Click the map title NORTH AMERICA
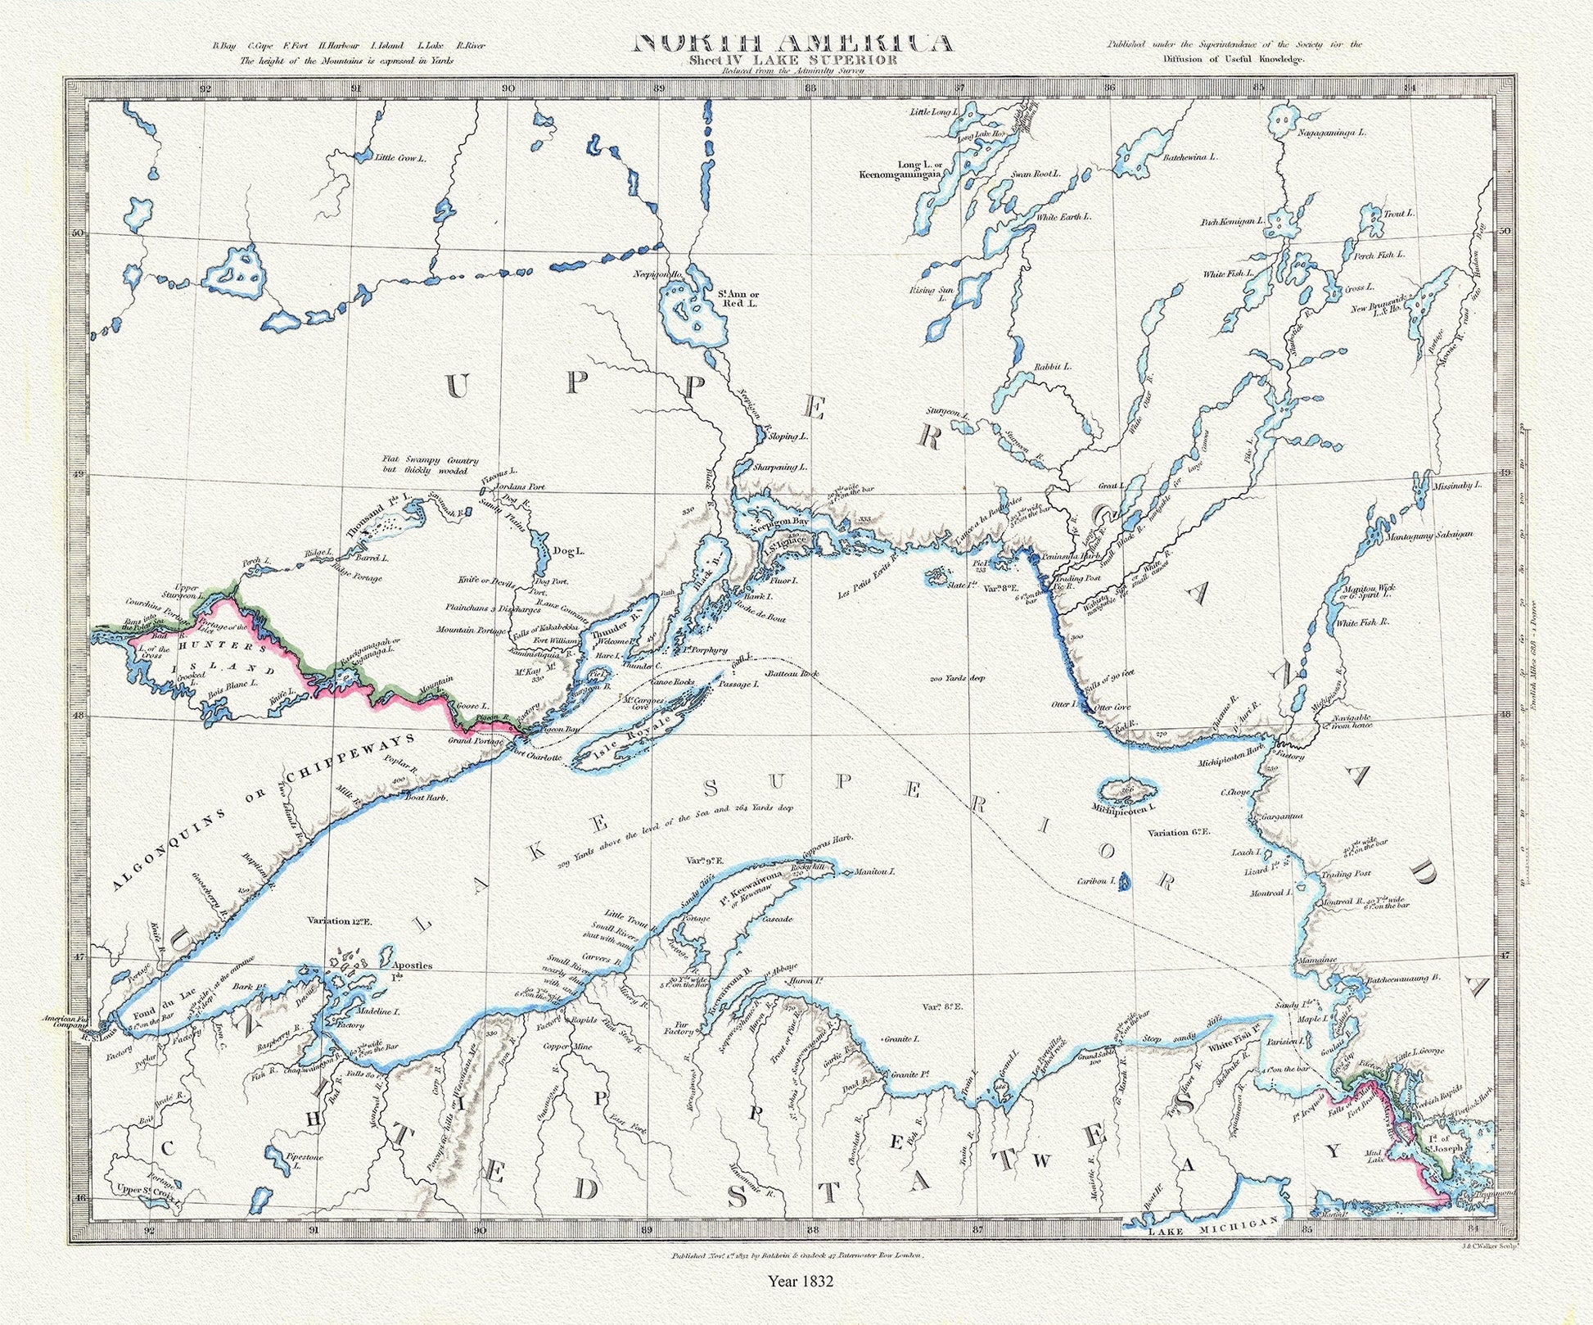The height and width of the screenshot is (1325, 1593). coord(793,43)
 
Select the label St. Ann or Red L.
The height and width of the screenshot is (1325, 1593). coord(738,299)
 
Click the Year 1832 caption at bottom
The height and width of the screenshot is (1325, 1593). coord(800,1280)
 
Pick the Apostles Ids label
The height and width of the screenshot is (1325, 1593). coord(412,970)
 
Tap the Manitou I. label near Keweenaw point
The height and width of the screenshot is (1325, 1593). coord(874,871)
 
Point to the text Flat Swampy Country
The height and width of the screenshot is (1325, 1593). coord(431,461)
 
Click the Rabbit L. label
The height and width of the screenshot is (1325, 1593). coord(1053,367)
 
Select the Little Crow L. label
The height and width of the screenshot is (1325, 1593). coord(401,157)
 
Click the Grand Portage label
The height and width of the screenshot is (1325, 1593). coord(476,741)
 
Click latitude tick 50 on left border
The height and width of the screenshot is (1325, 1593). coord(79,233)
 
